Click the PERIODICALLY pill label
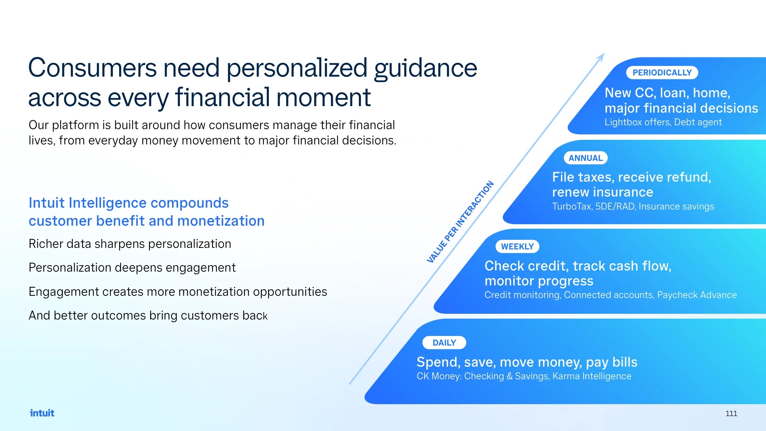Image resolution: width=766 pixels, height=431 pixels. pos(662,72)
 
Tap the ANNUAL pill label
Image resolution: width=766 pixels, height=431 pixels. pos(586,158)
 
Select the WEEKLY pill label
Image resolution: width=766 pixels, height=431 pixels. pos(517,246)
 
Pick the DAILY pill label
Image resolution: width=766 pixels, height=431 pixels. pos(444,343)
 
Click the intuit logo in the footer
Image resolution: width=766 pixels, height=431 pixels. pos(42,413)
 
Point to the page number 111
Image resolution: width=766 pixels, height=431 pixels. pos(731,413)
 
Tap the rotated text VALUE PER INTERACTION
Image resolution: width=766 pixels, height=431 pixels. pos(460,222)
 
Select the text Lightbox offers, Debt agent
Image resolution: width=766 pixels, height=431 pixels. pos(663,122)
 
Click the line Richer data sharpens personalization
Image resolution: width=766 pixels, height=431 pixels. pos(130,244)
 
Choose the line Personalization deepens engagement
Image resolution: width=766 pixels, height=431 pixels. pos(132,268)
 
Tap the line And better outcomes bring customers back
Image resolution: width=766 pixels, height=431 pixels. pos(148,315)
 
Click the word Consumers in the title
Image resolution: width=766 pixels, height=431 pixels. pos(92,68)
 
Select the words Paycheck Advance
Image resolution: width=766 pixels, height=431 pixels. pos(697,295)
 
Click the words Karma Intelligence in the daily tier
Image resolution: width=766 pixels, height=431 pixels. pos(592,376)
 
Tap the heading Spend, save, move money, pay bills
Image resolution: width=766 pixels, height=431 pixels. pos(527,362)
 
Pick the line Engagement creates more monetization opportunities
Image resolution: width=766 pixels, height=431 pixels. pos(178,292)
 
